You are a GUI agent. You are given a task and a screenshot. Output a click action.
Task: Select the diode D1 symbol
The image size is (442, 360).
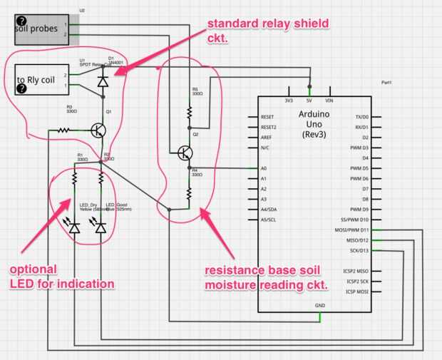(103, 80)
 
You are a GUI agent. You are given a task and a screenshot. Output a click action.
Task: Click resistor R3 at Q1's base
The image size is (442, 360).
(64, 130)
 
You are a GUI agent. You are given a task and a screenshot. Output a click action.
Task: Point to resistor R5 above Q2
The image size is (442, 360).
(190, 112)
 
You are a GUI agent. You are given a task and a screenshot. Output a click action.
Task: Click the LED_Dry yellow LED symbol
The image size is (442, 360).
(75, 227)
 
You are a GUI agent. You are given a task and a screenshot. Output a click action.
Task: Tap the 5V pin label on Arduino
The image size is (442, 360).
(309, 101)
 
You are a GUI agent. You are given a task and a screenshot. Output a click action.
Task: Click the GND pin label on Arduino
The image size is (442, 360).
(319, 306)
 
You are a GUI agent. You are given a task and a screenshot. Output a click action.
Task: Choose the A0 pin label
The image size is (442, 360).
(264, 168)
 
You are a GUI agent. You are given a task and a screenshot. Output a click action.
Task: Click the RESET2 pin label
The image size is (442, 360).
(269, 127)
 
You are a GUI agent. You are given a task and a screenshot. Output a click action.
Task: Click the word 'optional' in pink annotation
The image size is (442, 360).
(29, 269)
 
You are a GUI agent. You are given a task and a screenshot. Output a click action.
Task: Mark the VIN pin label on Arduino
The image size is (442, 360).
(329, 101)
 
